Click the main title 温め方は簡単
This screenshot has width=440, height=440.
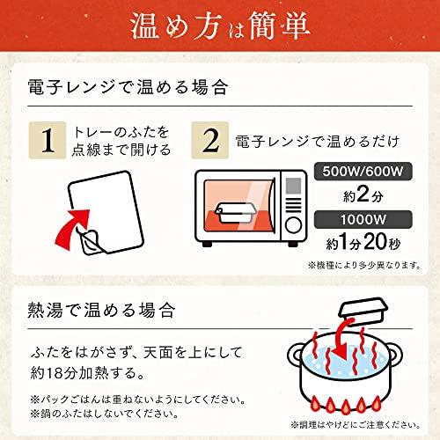click(x=220, y=26)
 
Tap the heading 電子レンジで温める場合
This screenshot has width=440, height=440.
click(x=128, y=87)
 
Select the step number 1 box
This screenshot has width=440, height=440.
click(x=48, y=140)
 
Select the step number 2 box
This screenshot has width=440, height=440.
click(x=210, y=140)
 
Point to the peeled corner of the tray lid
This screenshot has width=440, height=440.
click(x=91, y=242)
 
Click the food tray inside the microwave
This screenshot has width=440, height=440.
click(x=235, y=212)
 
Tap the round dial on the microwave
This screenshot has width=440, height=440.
click(x=293, y=225)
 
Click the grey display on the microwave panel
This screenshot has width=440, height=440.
click(x=293, y=186)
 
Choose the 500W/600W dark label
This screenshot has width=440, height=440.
click(x=363, y=172)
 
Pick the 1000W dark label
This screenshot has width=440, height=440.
click(x=363, y=219)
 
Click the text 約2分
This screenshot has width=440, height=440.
click(x=363, y=194)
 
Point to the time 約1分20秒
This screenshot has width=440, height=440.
click(x=363, y=242)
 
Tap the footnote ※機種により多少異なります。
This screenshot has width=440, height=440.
click(x=364, y=265)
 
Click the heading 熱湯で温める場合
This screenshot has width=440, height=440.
click(x=101, y=310)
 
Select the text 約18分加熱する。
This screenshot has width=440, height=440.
click(x=88, y=373)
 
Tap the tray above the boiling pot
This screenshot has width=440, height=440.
click(x=363, y=312)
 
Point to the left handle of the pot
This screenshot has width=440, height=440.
click(x=294, y=356)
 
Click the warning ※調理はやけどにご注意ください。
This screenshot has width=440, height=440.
click(x=356, y=424)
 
